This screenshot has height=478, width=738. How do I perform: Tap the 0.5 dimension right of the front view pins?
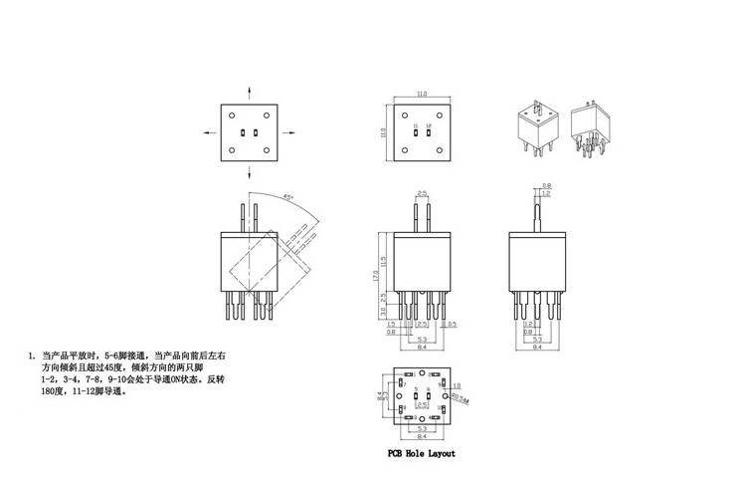[x=453, y=325]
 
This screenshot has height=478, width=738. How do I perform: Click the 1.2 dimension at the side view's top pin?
[x=547, y=194]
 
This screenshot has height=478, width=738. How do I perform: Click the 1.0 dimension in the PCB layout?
[x=458, y=385]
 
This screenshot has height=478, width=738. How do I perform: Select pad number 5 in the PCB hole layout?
[x=416, y=388]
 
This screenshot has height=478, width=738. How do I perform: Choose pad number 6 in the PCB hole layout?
[x=428, y=388]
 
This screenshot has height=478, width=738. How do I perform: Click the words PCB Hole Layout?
[x=422, y=453]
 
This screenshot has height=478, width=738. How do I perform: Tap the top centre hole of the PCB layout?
[x=422, y=373]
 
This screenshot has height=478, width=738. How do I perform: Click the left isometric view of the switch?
[x=536, y=127]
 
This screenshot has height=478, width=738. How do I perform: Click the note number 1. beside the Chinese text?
[x=32, y=356]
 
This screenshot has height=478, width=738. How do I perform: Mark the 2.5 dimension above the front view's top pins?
[x=422, y=192]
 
